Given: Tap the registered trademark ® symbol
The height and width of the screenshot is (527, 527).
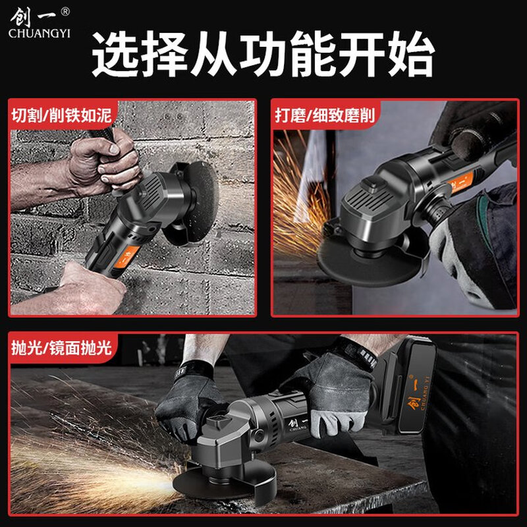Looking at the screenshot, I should [x=64, y=11].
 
